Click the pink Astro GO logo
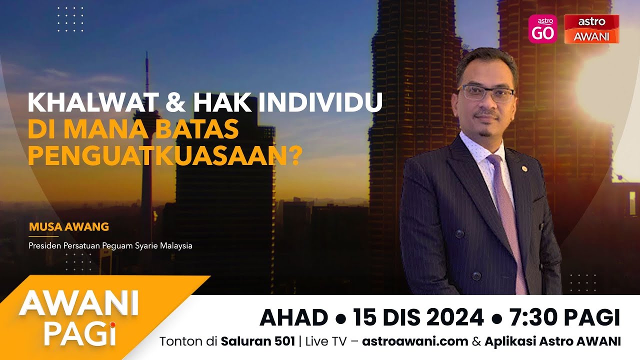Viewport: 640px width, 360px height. point(542,29)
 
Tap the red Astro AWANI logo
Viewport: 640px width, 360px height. point(591,29)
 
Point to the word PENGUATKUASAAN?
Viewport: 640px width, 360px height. point(165,155)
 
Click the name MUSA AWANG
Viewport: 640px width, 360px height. point(68,226)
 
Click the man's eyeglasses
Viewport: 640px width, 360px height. point(485,93)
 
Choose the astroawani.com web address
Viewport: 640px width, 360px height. point(415,341)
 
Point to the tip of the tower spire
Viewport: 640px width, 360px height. point(147,54)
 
